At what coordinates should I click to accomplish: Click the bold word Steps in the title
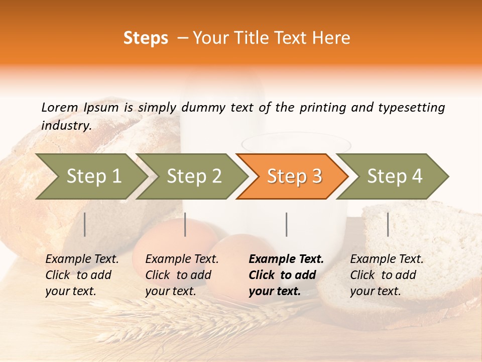point(146,38)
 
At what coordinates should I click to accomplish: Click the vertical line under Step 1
point(85,224)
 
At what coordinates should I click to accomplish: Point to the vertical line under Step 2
point(185,224)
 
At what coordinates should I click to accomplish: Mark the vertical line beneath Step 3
point(286,224)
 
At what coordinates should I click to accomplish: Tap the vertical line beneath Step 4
point(388,224)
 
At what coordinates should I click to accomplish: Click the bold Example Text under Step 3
point(286,275)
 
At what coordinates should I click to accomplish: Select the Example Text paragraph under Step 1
point(82,275)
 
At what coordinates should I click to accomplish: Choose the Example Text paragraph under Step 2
point(182,275)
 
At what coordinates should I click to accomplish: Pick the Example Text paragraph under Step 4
point(387,275)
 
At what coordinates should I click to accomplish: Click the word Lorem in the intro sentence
point(59,108)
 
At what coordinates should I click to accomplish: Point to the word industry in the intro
point(66,126)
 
